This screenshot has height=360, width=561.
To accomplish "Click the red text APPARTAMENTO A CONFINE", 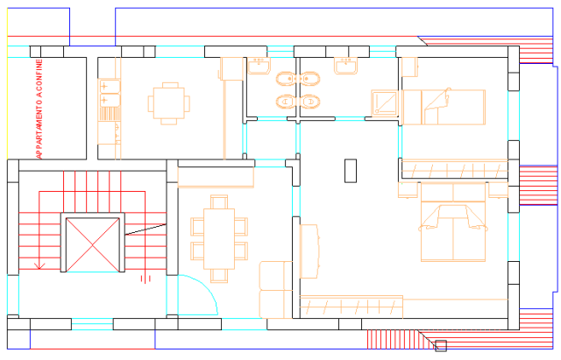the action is (39, 109).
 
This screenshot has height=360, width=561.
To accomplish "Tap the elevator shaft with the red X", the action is (93, 244).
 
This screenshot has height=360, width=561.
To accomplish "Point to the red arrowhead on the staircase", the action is (39, 266).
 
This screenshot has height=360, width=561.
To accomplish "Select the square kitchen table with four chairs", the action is (169, 103).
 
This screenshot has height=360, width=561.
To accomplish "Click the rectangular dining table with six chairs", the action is (219, 239).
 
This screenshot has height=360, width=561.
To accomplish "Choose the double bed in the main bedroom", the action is (453, 222).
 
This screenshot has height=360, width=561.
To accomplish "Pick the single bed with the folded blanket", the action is (444, 107).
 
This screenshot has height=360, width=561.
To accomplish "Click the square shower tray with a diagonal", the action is (385, 103).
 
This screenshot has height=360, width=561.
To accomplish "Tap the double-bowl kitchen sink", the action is (109, 93).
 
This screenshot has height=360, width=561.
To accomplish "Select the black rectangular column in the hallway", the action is (351, 171).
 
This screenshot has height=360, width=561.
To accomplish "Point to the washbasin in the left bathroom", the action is (259, 67).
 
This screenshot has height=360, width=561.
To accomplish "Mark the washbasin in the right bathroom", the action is (345, 67).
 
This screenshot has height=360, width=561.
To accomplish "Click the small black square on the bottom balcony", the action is (441, 346).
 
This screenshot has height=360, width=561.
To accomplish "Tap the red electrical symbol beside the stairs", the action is (146, 279).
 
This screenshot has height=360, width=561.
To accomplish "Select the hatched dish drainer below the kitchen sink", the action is (109, 114).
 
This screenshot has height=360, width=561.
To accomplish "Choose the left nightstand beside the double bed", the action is (408, 190).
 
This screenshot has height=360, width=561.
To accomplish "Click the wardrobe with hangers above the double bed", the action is (454, 169).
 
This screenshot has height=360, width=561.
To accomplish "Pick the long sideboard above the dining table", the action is (216, 177).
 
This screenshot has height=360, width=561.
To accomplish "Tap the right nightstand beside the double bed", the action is (498, 190).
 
